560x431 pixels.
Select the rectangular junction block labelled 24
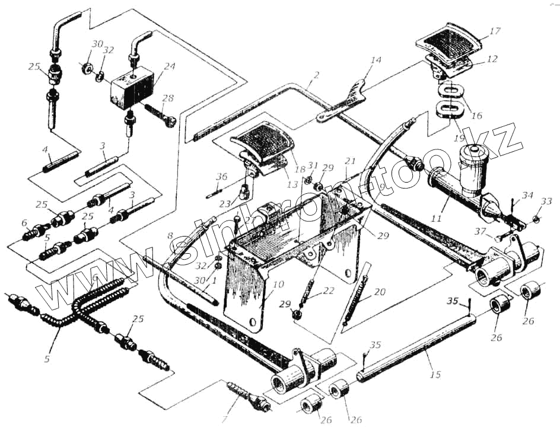(x=132, y=88)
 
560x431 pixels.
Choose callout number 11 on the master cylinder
(x=437, y=218)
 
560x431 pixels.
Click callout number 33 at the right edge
(x=546, y=202)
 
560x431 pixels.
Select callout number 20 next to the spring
(x=379, y=292)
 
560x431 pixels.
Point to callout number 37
(x=480, y=231)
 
